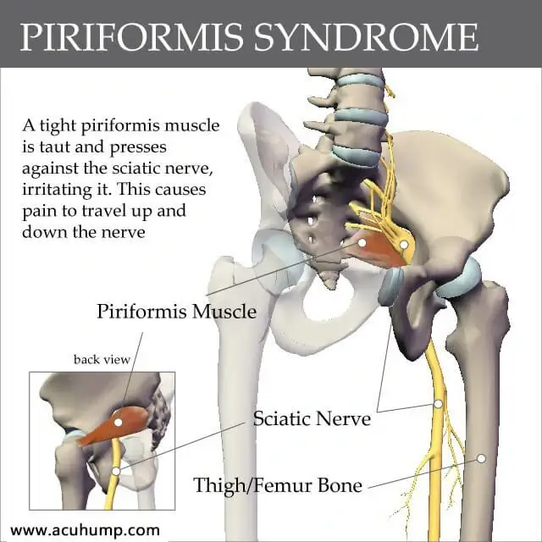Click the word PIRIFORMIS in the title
coord(132,37)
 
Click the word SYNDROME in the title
coord(367,37)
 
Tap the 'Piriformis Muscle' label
coord(177,311)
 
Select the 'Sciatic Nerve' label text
coord(312,418)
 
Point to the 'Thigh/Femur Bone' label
coord(278,484)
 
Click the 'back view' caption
coord(102,359)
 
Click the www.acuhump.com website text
coord(85,530)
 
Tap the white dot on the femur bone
coord(481,459)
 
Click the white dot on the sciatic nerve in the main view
coord(438,404)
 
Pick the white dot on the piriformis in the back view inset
coord(119,422)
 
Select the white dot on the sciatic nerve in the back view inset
coord(116,471)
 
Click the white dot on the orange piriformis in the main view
coord(362,243)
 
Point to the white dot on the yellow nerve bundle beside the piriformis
coord(404,245)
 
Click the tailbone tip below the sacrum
coord(330,285)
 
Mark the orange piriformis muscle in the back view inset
coord(113,425)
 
